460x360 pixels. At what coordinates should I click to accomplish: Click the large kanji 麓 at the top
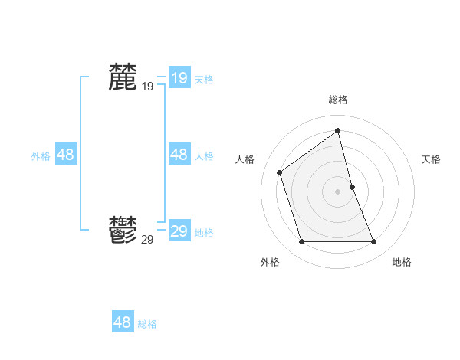tap(123, 77)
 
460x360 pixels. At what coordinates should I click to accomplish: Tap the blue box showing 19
tap(179, 78)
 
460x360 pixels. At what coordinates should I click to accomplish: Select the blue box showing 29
tap(179, 231)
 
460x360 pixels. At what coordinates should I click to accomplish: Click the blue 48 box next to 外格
tap(65, 155)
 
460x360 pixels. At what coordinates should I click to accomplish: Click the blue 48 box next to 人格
tap(179, 155)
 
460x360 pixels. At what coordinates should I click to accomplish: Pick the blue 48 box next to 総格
tap(122, 322)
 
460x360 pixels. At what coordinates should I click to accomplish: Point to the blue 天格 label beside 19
tap(204, 80)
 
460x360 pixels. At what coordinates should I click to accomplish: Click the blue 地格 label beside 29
tap(204, 233)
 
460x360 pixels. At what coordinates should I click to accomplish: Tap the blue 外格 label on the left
tap(41, 156)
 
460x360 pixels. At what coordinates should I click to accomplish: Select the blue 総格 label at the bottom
tap(147, 324)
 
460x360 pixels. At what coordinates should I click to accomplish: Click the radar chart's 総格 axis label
tap(338, 100)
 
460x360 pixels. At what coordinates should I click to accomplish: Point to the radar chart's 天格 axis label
tap(431, 159)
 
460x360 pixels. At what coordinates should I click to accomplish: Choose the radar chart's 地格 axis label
tap(402, 262)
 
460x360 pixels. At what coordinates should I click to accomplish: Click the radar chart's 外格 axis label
tap(270, 262)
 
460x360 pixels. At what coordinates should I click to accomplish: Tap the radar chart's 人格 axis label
tap(245, 159)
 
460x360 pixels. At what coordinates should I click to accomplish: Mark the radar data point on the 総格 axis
tap(338, 131)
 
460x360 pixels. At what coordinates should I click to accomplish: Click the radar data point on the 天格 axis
tap(352, 186)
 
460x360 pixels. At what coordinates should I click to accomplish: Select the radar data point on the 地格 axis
tap(374, 242)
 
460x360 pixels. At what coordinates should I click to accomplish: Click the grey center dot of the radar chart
tap(338, 191)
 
